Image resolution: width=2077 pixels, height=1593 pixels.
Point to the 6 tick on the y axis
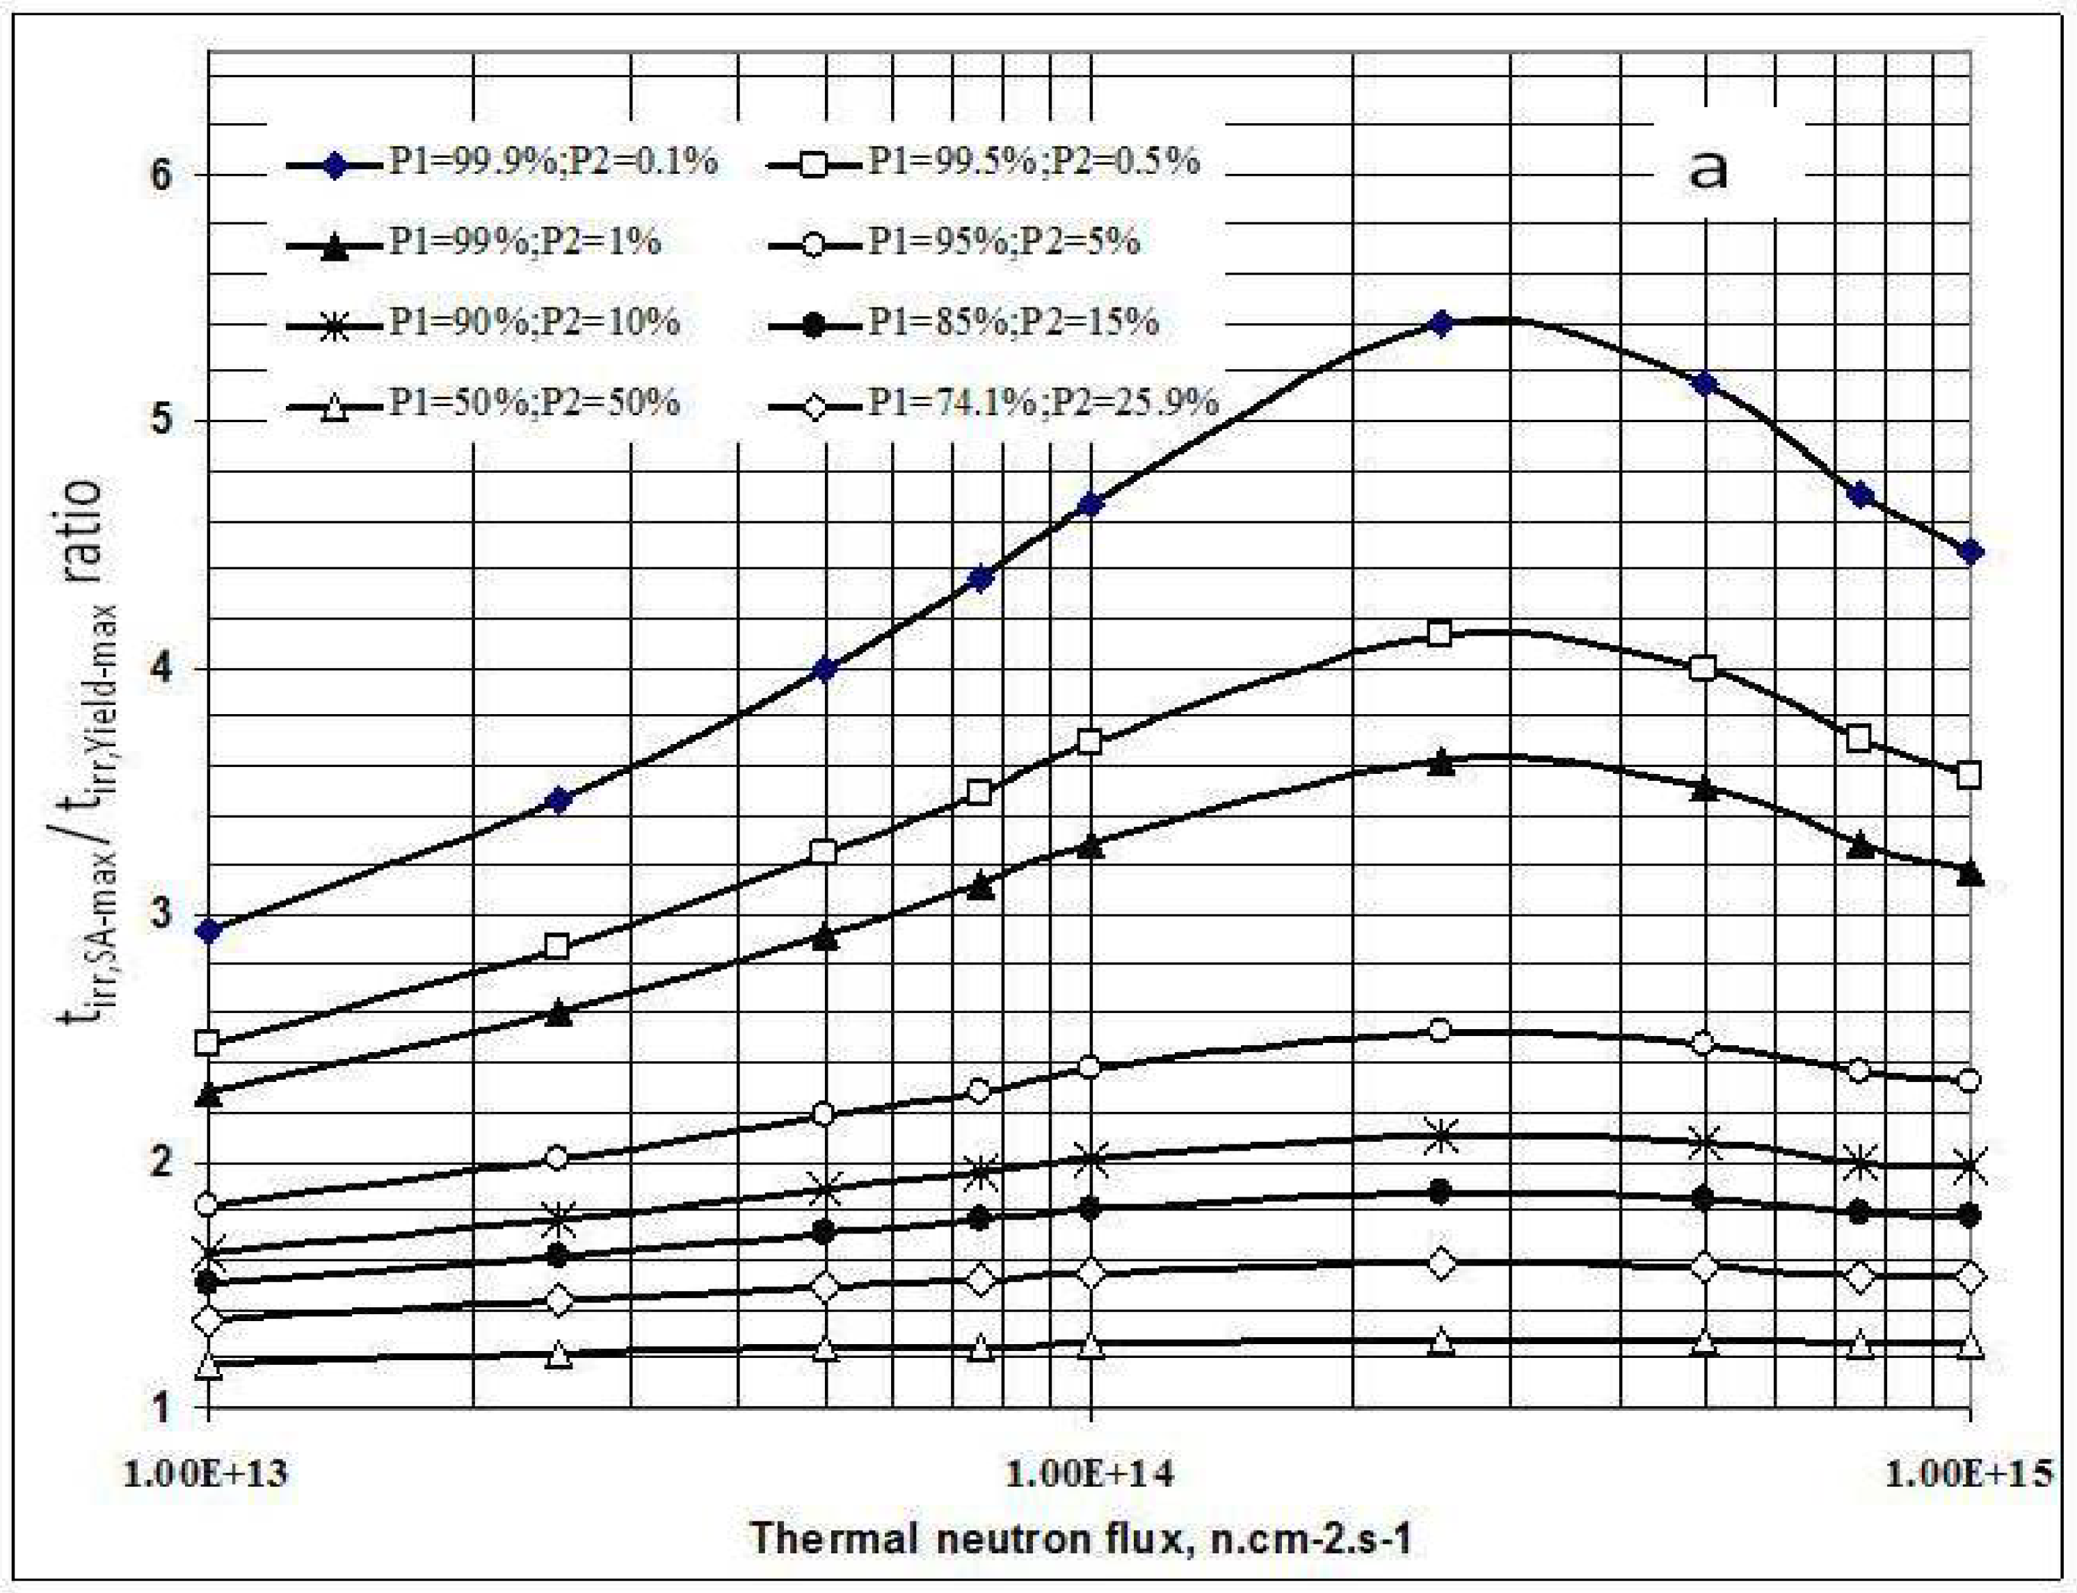[162, 175]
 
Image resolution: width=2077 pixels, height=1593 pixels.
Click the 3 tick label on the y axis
[162, 915]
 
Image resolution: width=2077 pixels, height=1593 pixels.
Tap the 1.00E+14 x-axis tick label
[1090, 1473]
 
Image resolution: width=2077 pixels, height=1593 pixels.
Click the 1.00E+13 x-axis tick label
[206, 1473]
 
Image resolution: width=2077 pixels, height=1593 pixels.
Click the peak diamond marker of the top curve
[1441, 324]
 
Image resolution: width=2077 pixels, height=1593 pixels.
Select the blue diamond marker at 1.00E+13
[209, 931]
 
